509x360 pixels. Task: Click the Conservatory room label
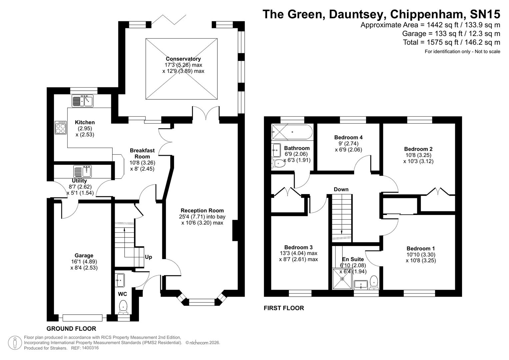[183, 59]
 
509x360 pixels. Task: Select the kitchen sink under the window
[82, 101]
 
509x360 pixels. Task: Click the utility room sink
[82, 172]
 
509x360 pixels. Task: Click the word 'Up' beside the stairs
[148, 257]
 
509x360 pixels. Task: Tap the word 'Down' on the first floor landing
[341, 189]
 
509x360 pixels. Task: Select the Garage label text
[84, 256]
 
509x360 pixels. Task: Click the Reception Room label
[202, 210]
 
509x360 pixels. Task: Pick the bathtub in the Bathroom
[292, 132]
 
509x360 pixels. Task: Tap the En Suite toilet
[374, 282]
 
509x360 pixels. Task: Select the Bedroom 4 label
[348, 137]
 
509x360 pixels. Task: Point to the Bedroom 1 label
[421, 248]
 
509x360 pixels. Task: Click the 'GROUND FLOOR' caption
[71, 329]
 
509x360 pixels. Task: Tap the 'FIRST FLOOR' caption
[284, 308]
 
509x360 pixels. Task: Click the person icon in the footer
[15, 343]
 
